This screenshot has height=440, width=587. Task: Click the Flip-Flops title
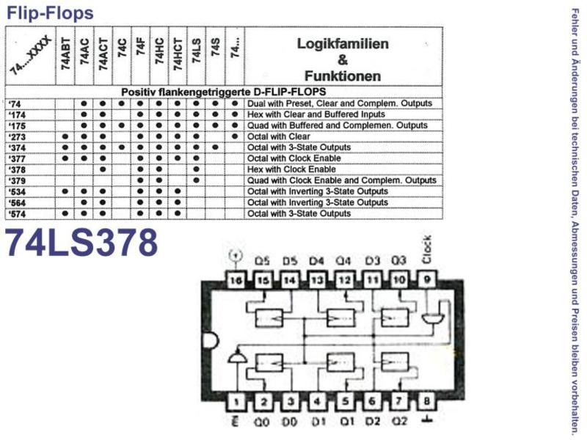point(50,12)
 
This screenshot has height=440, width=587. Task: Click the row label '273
point(17,137)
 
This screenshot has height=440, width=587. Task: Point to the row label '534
point(17,192)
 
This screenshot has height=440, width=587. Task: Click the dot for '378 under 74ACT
point(103,169)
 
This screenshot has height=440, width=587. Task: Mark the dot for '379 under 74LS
point(197,180)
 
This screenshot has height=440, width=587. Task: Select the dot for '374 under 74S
point(215,147)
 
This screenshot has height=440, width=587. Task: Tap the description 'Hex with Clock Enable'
point(291,169)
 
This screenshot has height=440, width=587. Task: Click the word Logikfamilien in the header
point(343,44)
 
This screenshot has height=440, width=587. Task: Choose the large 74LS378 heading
point(81,243)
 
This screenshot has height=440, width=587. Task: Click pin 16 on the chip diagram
point(236,280)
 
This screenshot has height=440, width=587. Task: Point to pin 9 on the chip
point(427,280)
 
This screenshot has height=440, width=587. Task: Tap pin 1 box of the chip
point(236,402)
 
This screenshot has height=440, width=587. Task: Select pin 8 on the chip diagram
point(427,402)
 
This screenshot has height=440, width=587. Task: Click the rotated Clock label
point(427,249)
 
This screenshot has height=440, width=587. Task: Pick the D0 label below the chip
point(289,422)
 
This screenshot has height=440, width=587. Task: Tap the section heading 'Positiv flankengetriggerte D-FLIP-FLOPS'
point(224,92)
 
